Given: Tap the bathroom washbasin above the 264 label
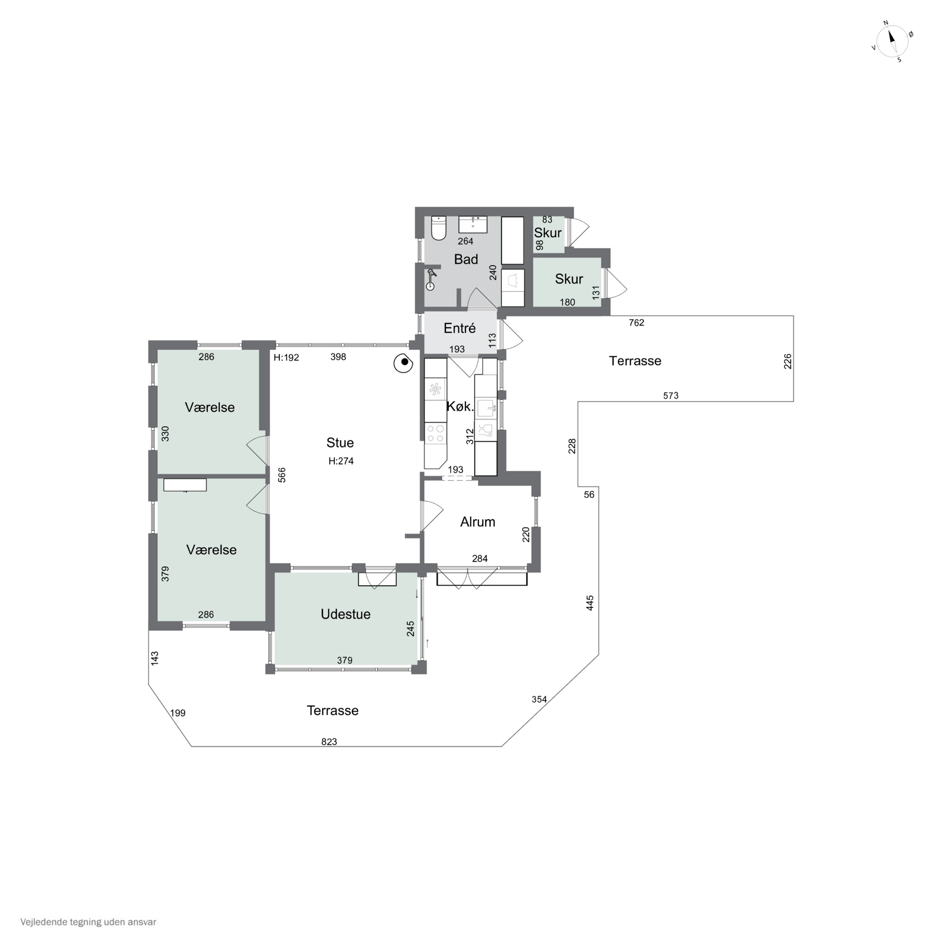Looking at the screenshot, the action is click(473, 225).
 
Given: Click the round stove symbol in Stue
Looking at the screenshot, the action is click(404, 363).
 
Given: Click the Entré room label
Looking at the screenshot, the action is click(459, 328).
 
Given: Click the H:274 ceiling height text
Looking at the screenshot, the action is click(341, 461).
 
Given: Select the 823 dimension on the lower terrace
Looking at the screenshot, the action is click(329, 742).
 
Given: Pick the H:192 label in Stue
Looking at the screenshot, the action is click(286, 357).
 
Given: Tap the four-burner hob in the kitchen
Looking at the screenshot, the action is click(436, 433).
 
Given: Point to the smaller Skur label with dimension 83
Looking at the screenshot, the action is click(548, 233).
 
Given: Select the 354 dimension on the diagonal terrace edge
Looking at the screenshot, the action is click(539, 699).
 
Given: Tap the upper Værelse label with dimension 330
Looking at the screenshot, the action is click(210, 407).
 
